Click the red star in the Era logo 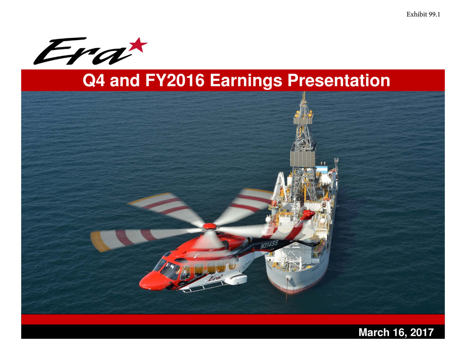(138, 46)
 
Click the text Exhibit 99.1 (423, 14)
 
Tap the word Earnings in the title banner (246, 81)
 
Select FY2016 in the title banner (175, 80)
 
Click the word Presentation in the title (338, 80)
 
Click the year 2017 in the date (422, 332)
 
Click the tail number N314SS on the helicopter (269, 245)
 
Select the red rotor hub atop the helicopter (210, 226)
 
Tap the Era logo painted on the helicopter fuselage (215, 278)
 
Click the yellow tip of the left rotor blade (99, 241)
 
